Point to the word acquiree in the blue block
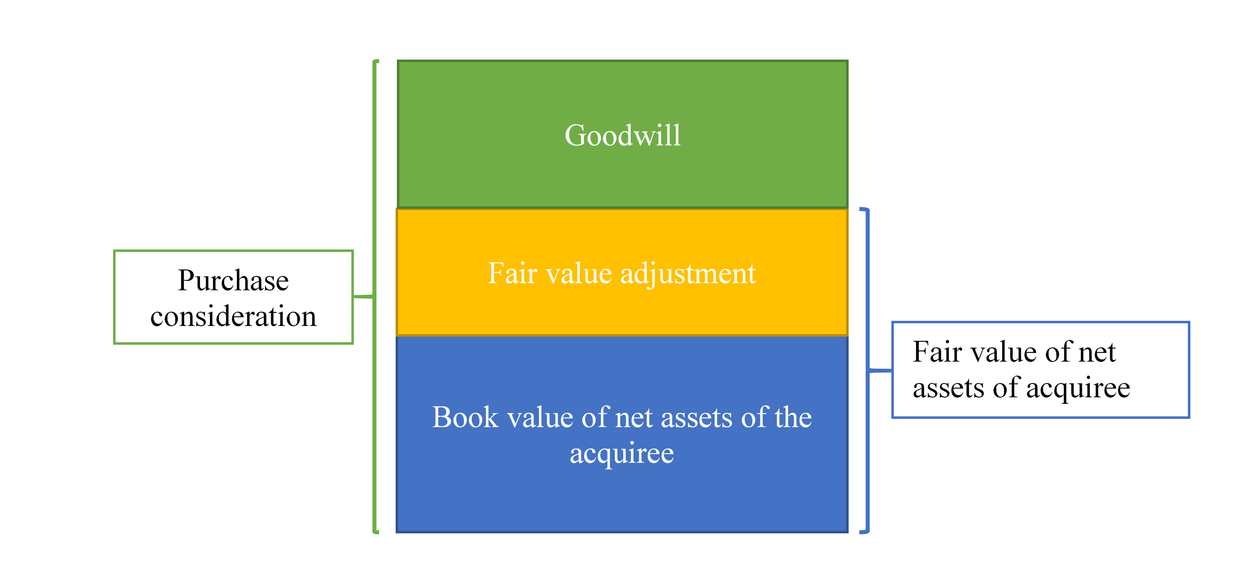click(x=622, y=454)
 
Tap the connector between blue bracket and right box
click(x=880, y=370)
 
